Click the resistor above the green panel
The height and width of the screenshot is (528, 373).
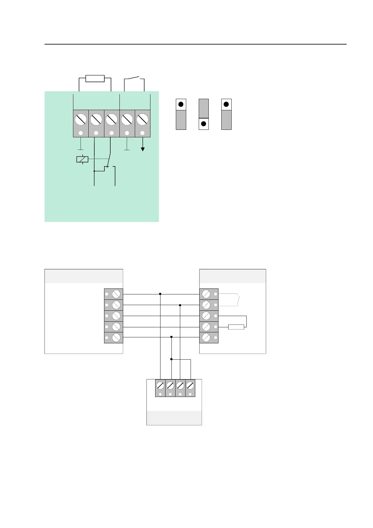pos(95,78)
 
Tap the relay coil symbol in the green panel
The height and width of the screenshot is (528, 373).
pos(82,159)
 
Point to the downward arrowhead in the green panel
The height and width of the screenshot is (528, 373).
pos(143,149)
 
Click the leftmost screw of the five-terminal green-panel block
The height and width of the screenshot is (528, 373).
pos(81,119)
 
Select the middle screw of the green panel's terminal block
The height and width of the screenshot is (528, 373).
pos(112,119)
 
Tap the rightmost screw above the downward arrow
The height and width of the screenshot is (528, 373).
pos(143,119)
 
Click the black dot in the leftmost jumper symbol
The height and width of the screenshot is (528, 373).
pos(181,104)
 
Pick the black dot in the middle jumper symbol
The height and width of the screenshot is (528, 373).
pos(203,124)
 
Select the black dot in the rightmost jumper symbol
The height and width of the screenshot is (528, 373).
pos(226,104)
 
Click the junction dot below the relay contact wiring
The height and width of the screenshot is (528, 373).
pos(94,171)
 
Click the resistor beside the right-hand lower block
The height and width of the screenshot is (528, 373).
pos(236,327)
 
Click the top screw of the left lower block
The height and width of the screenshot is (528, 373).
pos(116,294)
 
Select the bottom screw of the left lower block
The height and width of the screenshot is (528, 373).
pos(116,337)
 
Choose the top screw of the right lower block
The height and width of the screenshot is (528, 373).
pos(206,294)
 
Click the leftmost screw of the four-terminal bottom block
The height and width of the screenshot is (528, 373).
pos(160,385)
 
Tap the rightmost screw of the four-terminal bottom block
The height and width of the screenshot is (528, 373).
pos(190,385)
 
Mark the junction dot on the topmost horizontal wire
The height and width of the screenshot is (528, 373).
pos(160,294)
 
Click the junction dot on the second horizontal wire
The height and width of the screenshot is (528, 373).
pos(180,305)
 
